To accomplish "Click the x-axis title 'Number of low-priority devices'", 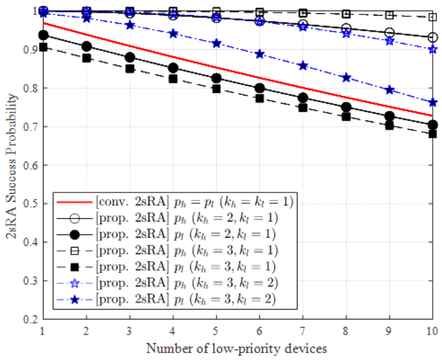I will pos(237,348).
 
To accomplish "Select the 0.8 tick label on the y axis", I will pos(30,88).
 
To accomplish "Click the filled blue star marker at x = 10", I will pos(433,103).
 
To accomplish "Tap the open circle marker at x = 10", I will pos(433,38).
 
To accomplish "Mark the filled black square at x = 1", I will pos(44,47).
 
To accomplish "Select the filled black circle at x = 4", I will pos(173,68).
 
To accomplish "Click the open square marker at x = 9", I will pos(389,15).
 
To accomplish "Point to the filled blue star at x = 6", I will pos(259,54).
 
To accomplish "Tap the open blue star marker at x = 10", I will pos(433,49).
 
